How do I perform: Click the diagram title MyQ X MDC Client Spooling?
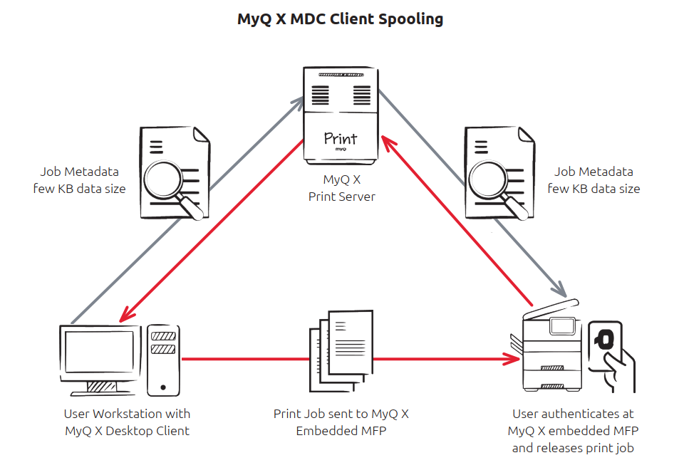coord(340,19)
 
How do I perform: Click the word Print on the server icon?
coord(341,138)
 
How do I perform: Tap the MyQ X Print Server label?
coord(341,188)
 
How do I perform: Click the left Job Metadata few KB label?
coord(79,180)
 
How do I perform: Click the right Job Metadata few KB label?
coord(594,180)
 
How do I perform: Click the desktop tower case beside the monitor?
coord(163,360)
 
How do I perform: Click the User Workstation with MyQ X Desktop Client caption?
coord(127,422)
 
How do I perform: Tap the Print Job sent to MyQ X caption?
coord(341,422)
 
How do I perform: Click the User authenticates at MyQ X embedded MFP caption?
coord(573,430)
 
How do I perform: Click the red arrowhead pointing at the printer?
coord(512,359)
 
